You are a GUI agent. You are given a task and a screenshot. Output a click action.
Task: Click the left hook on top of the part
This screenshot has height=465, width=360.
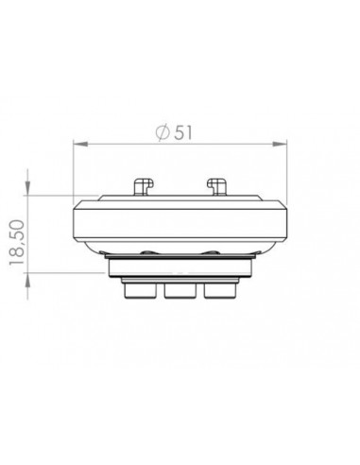click(x=144, y=185)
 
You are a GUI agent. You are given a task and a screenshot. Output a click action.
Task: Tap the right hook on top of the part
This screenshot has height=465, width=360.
click(x=216, y=185)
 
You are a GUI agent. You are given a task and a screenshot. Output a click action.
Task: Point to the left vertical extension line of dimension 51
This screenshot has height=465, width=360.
click(x=74, y=170)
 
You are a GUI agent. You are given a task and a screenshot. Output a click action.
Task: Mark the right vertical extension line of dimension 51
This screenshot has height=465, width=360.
click(x=287, y=170)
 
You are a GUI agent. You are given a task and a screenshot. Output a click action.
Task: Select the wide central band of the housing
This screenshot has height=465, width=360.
click(x=180, y=222)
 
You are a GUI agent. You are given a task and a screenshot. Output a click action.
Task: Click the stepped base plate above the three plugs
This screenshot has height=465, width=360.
click(x=180, y=271)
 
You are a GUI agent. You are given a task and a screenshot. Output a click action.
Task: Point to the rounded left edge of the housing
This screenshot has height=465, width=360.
click(x=77, y=222)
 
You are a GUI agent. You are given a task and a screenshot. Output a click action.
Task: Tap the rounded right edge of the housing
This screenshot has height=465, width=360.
click(x=284, y=222)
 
